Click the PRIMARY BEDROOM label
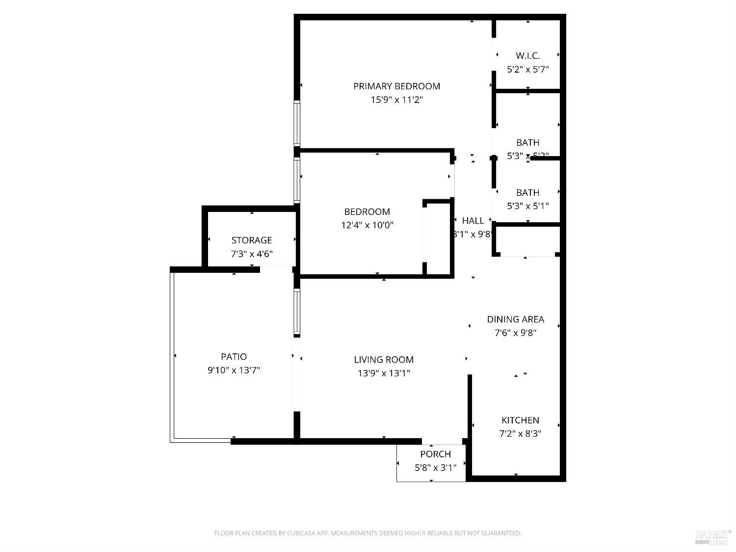[396, 86]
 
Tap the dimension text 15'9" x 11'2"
[396, 100]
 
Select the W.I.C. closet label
[527, 56]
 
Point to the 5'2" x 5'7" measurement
[527, 70]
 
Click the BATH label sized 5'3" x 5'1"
[527, 193]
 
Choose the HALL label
[473, 221]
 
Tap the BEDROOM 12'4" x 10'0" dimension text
[367, 226]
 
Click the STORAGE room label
[252, 240]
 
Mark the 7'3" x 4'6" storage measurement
[252, 254]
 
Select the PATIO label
[234, 357]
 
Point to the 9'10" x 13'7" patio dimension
[234, 370]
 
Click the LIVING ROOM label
[384, 360]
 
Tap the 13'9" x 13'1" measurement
[384, 373]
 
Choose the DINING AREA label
[515, 319]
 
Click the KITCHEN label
[520, 421]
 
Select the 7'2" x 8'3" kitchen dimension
[520, 434]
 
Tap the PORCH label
[435, 454]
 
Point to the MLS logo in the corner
[712, 537]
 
